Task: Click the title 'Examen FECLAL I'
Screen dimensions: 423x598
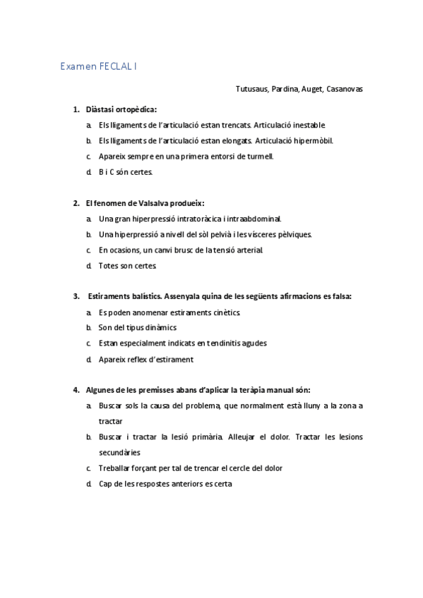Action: coord(99,66)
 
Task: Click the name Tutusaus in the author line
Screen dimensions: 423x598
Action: coord(251,89)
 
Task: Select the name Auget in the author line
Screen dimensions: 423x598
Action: coord(311,89)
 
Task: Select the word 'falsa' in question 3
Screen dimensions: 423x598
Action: coord(339,296)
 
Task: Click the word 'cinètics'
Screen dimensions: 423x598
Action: coord(224,312)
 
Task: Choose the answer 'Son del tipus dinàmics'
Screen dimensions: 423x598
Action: coord(138,328)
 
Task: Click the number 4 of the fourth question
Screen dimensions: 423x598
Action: coord(76,390)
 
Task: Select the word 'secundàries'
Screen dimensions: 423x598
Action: coord(119,452)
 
